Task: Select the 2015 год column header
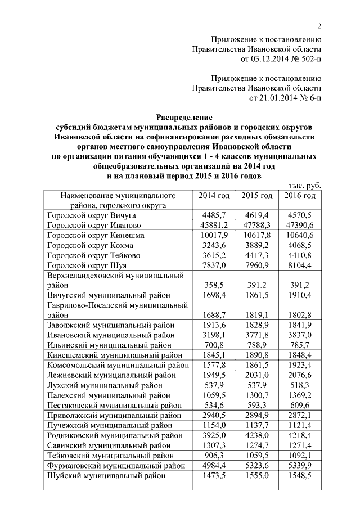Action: click(257, 196)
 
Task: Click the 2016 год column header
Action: click(300, 196)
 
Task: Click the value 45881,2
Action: click(214, 225)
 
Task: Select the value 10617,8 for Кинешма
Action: click(257, 235)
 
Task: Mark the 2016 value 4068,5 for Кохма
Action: click(300, 245)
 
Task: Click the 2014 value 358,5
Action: click(214, 285)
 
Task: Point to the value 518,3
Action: click(300, 385)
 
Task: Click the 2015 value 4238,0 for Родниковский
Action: click(257, 435)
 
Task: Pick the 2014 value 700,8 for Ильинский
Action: click(214, 345)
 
